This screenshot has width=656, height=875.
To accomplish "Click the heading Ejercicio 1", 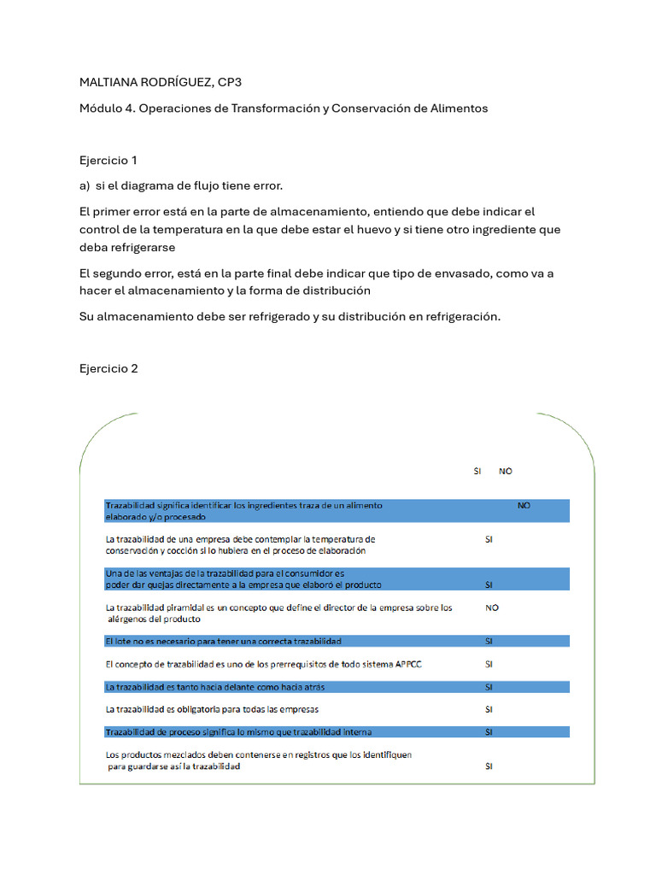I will pyautogui.click(x=108, y=160).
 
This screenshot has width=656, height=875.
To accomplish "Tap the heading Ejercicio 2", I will pyautogui.click(x=108, y=368).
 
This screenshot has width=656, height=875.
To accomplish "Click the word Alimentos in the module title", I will pyautogui.click(x=458, y=109).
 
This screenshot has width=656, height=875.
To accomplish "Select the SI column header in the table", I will pyautogui.click(x=477, y=471).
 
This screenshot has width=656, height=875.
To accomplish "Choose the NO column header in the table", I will pyautogui.click(x=506, y=471).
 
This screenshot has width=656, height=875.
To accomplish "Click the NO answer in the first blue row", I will pyautogui.click(x=524, y=505).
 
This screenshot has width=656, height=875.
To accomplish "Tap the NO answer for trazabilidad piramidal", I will pyautogui.click(x=492, y=608).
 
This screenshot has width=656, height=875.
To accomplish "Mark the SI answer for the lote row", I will pyautogui.click(x=489, y=641).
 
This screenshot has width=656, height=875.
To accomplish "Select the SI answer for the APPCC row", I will pyautogui.click(x=489, y=664).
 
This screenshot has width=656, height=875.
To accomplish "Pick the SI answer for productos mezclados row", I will pyautogui.click(x=489, y=766).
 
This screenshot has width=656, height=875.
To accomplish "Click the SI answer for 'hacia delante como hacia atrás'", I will pyautogui.click(x=489, y=687).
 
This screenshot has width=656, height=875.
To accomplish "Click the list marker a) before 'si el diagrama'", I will pyautogui.click(x=85, y=185).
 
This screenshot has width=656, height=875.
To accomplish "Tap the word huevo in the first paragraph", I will pyautogui.click(x=389, y=229).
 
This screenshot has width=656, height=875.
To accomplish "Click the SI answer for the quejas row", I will pyautogui.click(x=489, y=584).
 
